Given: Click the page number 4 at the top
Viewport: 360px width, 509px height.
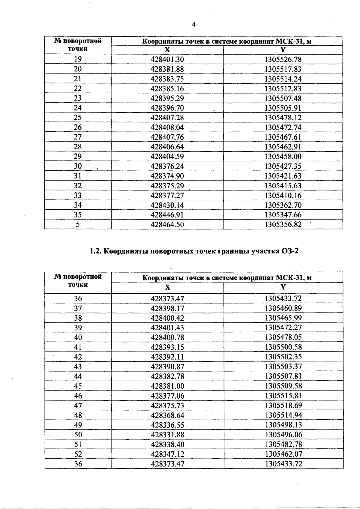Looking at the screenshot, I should click(193, 25).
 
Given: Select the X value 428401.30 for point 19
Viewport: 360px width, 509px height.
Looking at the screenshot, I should click(167, 59).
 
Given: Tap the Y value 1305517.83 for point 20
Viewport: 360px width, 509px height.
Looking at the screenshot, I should click(283, 69).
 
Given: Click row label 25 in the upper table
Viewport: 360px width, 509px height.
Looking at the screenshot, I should click(78, 118).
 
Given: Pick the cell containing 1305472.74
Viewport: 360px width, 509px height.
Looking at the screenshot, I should click(283, 127).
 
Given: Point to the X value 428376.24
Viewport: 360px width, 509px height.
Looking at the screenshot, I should click(167, 166).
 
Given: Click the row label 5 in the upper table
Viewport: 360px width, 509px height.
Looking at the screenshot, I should click(78, 225).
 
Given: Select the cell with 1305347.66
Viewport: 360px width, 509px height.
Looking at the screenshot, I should click(283, 215).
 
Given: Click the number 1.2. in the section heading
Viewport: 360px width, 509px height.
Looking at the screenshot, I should click(96, 251).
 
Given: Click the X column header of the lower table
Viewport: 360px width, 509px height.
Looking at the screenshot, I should click(167, 287).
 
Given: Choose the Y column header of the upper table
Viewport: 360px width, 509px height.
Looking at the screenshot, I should click(283, 50).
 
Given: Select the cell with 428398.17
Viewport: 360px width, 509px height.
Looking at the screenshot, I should click(167, 308).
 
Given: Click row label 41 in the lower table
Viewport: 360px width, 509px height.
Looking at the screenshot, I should click(78, 347).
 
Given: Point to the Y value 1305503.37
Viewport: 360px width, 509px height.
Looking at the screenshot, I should click(283, 367).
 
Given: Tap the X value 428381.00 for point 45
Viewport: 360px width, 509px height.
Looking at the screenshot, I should click(167, 386).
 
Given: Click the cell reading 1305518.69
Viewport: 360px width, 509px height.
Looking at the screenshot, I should click(283, 406).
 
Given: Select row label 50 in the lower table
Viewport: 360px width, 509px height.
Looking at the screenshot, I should click(78, 435).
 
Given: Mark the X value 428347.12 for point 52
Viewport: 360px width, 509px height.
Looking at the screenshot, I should click(167, 454).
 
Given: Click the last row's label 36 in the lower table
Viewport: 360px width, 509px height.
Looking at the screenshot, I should click(78, 464).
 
